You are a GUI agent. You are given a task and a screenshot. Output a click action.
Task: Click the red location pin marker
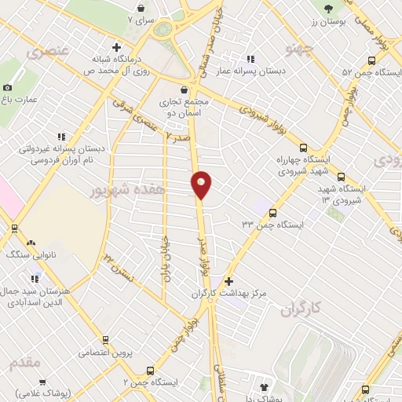pyautogui.click(x=201, y=184)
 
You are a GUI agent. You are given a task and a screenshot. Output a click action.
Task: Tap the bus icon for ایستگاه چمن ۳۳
pyautogui.click(x=272, y=213)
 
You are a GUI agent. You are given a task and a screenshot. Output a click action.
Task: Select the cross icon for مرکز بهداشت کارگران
pyautogui.click(x=228, y=281)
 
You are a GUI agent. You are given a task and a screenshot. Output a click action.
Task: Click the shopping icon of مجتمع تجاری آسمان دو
pyautogui.click(x=184, y=90)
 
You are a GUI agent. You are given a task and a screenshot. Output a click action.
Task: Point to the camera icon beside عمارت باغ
pyautogui.click(x=8, y=88)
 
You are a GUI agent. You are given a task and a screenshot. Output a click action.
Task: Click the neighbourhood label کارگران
pyautogui.click(x=301, y=309)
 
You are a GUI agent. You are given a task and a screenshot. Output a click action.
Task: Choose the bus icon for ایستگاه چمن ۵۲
pyautogui.click(x=372, y=60)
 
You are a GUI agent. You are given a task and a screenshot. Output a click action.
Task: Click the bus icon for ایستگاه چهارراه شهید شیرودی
pyautogui.click(x=304, y=146)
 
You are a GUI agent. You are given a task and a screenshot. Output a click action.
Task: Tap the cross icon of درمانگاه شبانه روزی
pyautogui.click(x=117, y=47)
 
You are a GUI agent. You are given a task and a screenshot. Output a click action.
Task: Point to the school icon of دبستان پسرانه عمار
pyautogui.click(x=250, y=59)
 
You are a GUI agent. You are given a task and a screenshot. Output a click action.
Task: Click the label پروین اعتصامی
pyautogui.click(x=105, y=353)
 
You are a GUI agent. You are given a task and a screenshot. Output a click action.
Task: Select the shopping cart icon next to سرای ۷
pyautogui.click(x=141, y=8)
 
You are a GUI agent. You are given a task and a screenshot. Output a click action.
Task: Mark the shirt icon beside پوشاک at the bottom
pyautogui.click(x=262, y=387)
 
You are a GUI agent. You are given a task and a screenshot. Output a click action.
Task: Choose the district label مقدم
pyautogui.click(x=24, y=363)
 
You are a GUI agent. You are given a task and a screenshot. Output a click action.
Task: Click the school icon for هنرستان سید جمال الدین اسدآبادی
pyautogui.click(x=34, y=278)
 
